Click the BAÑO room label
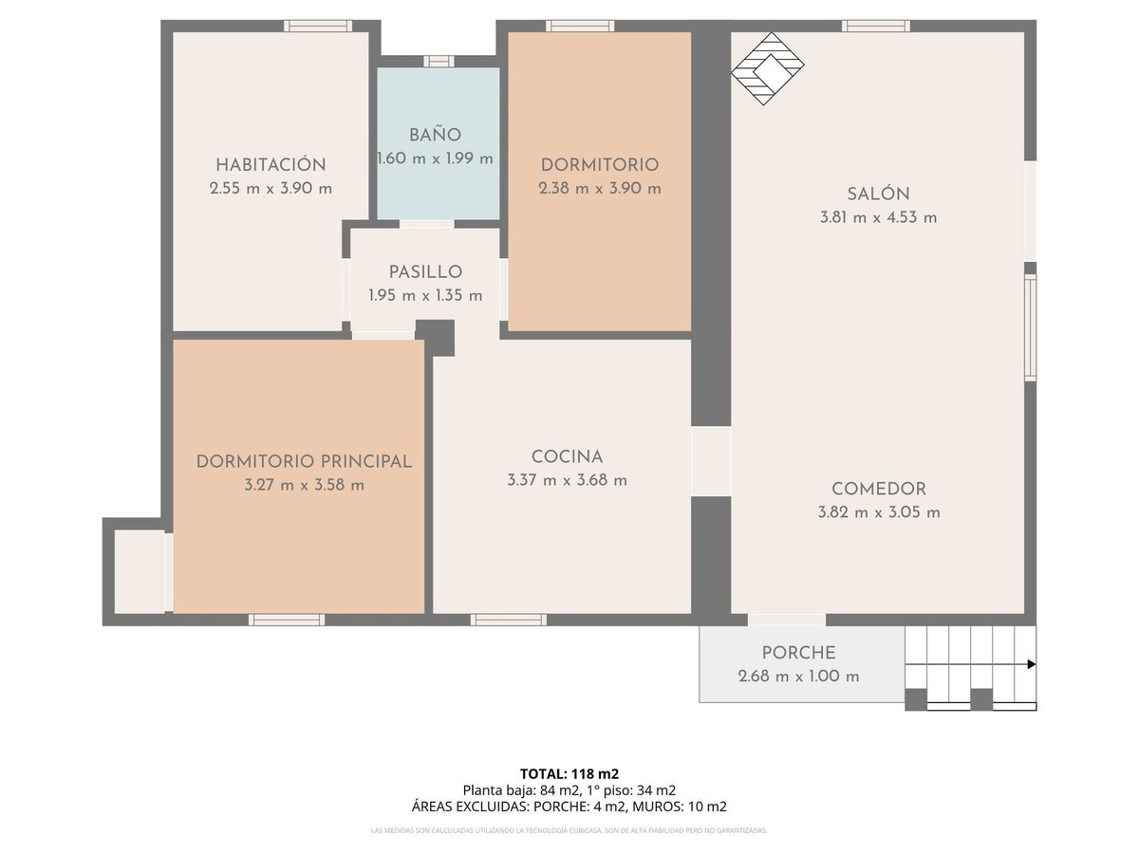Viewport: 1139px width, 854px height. [x=435, y=135]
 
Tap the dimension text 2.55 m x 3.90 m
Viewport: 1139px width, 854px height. [x=271, y=188]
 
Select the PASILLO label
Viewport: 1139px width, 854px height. [x=425, y=271]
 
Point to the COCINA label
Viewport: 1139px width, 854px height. [x=567, y=456]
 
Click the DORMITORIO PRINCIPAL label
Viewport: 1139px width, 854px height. [x=304, y=461]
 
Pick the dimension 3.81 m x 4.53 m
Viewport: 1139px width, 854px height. [x=878, y=216]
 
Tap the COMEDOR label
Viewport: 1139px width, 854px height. [x=879, y=489]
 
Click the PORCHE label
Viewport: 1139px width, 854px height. [x=798, y=653]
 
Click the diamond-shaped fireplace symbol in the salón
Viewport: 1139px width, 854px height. [x=768, y=69]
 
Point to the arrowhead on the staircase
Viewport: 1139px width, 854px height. [x=1032, y=664]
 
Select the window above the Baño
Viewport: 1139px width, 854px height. [x=439, y=61]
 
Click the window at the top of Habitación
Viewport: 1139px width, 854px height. [x=318, y=26]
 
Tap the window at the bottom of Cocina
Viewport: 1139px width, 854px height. [x=508, y=620]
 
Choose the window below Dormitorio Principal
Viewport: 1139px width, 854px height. [x=287, y=620]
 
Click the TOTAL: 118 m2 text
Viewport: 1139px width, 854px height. [x=569, y=773]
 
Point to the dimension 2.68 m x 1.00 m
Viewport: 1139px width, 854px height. [x=798, y=677]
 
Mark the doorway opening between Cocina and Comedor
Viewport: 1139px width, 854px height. [x=711, y=461]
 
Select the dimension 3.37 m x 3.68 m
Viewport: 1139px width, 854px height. [x=567, y=480]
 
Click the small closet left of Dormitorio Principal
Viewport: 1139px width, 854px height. [x=140, y=571]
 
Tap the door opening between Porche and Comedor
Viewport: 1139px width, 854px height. [x=787, y=620]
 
